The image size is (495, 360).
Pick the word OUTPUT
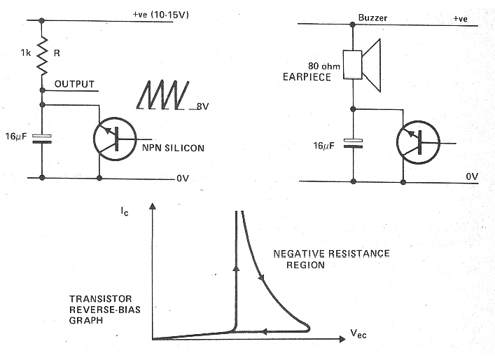coord(74,84)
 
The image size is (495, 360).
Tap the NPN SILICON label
coord(172,149)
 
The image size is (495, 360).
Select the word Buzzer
coord(372,18)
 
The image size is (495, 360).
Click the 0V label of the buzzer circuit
coord(470,179)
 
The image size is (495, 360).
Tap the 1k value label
coord(24,52)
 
